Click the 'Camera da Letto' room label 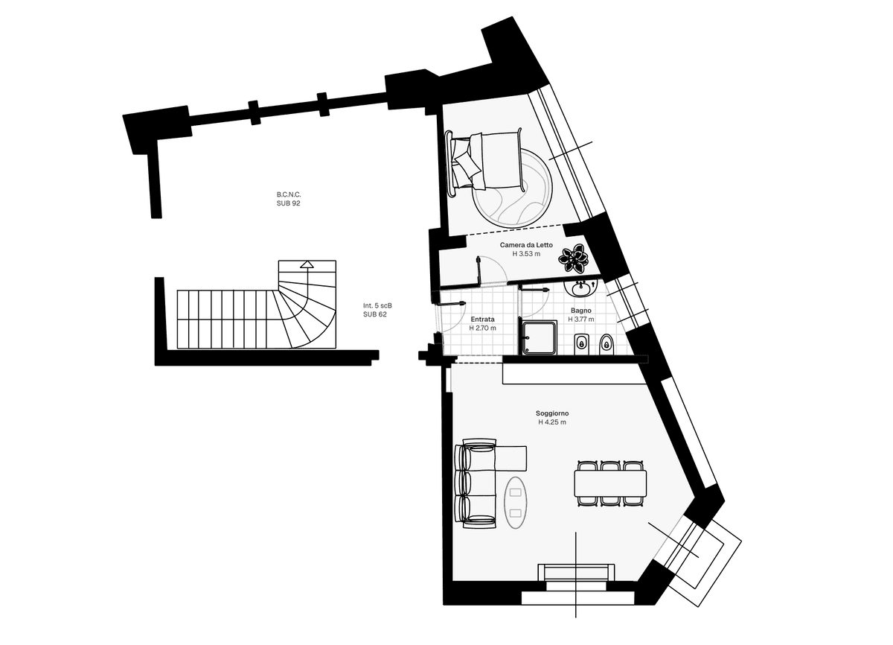(x=526, y=245)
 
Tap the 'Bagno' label (x=581, y=311)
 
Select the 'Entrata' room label (x=482, y=319)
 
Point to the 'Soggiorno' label (x=552, y=413)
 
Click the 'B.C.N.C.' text (x=289, y=194)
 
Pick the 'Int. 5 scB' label (x=377, y=305)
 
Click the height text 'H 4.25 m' (x=552, y=422)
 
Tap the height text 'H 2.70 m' (x=482, y=328)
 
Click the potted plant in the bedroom (x=572, y=258)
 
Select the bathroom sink (x=581, y=288)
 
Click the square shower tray (x=538, y=337)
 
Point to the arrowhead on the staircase (x=307, y=264)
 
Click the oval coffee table (x=515, y=503)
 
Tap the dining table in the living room (x=610, y=483)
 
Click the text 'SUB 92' (x=288, y=203)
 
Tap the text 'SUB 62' (x=375, y=314)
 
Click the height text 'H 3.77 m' (x=581, y=319)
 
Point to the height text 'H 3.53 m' (x=526, y=254)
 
